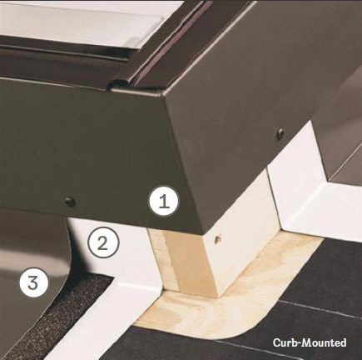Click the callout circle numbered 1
[x=164, y=201]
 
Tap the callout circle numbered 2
[x=102, y=243]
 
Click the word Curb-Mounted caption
[x=309, y=342]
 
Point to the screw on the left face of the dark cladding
[x=70, y=201]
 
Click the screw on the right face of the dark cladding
[x=280, y=133]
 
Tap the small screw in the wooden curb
[x=218, y=239]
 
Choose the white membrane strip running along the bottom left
[x=92, y=333]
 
